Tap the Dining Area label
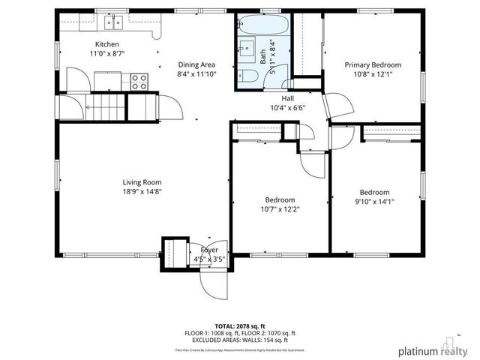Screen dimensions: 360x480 pyautogui.click(x=196, y=65)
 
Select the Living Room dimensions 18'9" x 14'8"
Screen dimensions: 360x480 pyautogui.click(x=142, y=192)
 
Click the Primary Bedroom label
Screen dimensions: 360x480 pyautogui.click(x=373, y=65)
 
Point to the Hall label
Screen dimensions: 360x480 pyautogui.click(x=287, y=99)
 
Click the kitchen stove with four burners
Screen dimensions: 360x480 pyautogui.click(x=139, y=81)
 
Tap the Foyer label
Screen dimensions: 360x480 pyautogui.click(x=209, y=250)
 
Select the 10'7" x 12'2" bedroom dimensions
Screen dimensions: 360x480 pyautogui.click(x=280, y=209)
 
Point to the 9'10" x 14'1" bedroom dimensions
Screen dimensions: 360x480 pyautogui.click(x=373, y=201)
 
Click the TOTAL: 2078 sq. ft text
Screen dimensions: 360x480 pyautogui.click(x=240, y=325)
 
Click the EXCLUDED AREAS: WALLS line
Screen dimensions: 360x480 pyautogui.click(x=240, y=340)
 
